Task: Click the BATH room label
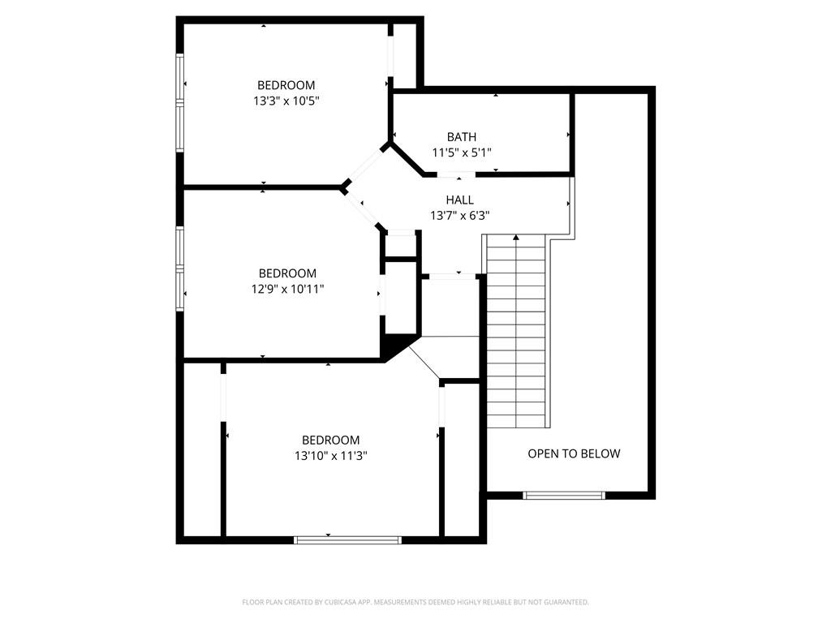(461, 136)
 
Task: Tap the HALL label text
(459, 200)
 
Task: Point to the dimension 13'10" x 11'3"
(331, 456)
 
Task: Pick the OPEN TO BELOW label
(574, 453)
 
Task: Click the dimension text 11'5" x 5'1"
(461, 152)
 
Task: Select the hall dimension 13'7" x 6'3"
(459, 215)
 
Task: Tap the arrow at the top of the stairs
(515, 238)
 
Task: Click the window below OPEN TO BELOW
(564, 494)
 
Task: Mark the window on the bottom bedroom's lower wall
(347, 539)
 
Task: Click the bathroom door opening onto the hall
(455, 175)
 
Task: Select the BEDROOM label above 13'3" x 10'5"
(286, 85)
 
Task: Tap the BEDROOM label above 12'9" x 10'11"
(287, 273)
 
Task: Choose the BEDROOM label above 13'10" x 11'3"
(330, 440)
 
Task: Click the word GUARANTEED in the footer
(566, 602)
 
